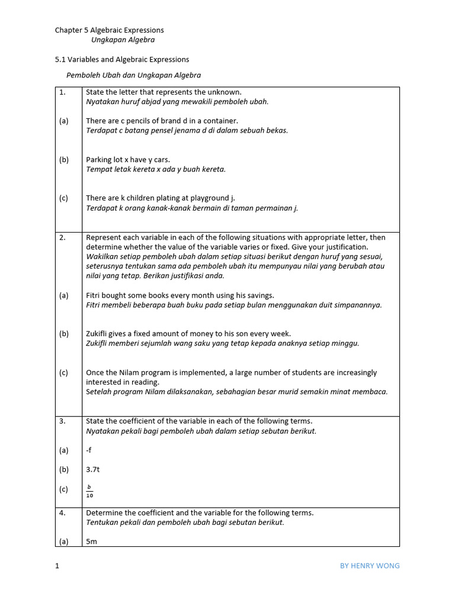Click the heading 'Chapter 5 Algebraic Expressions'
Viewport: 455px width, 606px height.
tap(110, 30)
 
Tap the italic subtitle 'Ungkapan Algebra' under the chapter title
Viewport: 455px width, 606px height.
tap(123, 40)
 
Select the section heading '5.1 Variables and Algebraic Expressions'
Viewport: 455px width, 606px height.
tap(122, 59)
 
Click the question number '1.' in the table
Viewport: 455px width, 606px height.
tap(62, 92)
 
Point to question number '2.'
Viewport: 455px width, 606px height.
tap(62, 237)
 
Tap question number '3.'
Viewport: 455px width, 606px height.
tap(62, 421)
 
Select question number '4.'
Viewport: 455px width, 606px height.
tap(62, 512)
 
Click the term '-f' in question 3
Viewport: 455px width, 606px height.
tap(89, 450)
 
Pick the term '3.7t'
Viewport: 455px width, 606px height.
tap(93, 469)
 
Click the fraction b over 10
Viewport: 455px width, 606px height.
tap(89, 491)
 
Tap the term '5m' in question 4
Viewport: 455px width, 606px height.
tap(92, 541)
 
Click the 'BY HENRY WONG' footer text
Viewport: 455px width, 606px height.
tap(370, 566)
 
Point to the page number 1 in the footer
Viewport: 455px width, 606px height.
tap(57, 566)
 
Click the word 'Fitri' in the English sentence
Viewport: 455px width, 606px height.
tap(94, 295)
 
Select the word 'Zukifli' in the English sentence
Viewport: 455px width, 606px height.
tap(98, 334)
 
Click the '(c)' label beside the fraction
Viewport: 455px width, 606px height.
tap(63, 489)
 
